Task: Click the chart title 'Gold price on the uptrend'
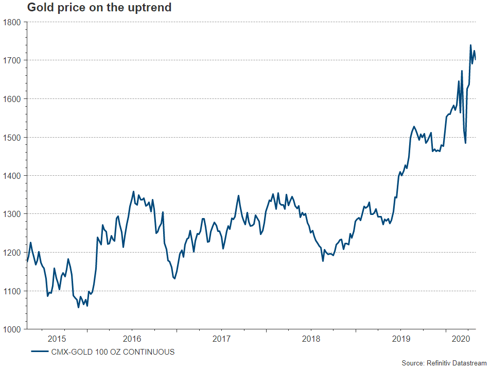pyautogui.click(x=99, y=8)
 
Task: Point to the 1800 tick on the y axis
pyautogui.click(x=11, y=22)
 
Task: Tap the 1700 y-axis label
pyautogui.click(x=11, y=61)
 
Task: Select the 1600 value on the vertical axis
pyautogui.click(x=11, y=99)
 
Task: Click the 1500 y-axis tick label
pyautogui.click(x=11, y=138)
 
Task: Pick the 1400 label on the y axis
pyautogui.click(x=11, y=176)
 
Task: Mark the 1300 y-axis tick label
pyautogui.click(x=11, y=214)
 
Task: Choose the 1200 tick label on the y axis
pyautogui.click(x=11, y=253)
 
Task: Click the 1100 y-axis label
pyautogui.click(x=11, y=291)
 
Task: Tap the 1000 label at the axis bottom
pyautogui.click(x=11, y=329)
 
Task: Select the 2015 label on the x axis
pyautogui.click(x=57, y=339)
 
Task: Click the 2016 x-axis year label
pyautogui.click(x=132, y=339)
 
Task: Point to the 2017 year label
pyautogui.click(x=221, y=339)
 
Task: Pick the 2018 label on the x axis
pyautogui.click(x=311, y=339)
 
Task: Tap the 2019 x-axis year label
pyautogui.click(x=400, y=339)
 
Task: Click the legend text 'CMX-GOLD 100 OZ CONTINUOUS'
pyautogui.click(x=113, y=352)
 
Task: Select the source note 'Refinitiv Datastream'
pyautogui.click(x=444, y=363)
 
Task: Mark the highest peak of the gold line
pyautogui.click(x=470, y=45)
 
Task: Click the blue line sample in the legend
pyautogui.click(x=40, y=352)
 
